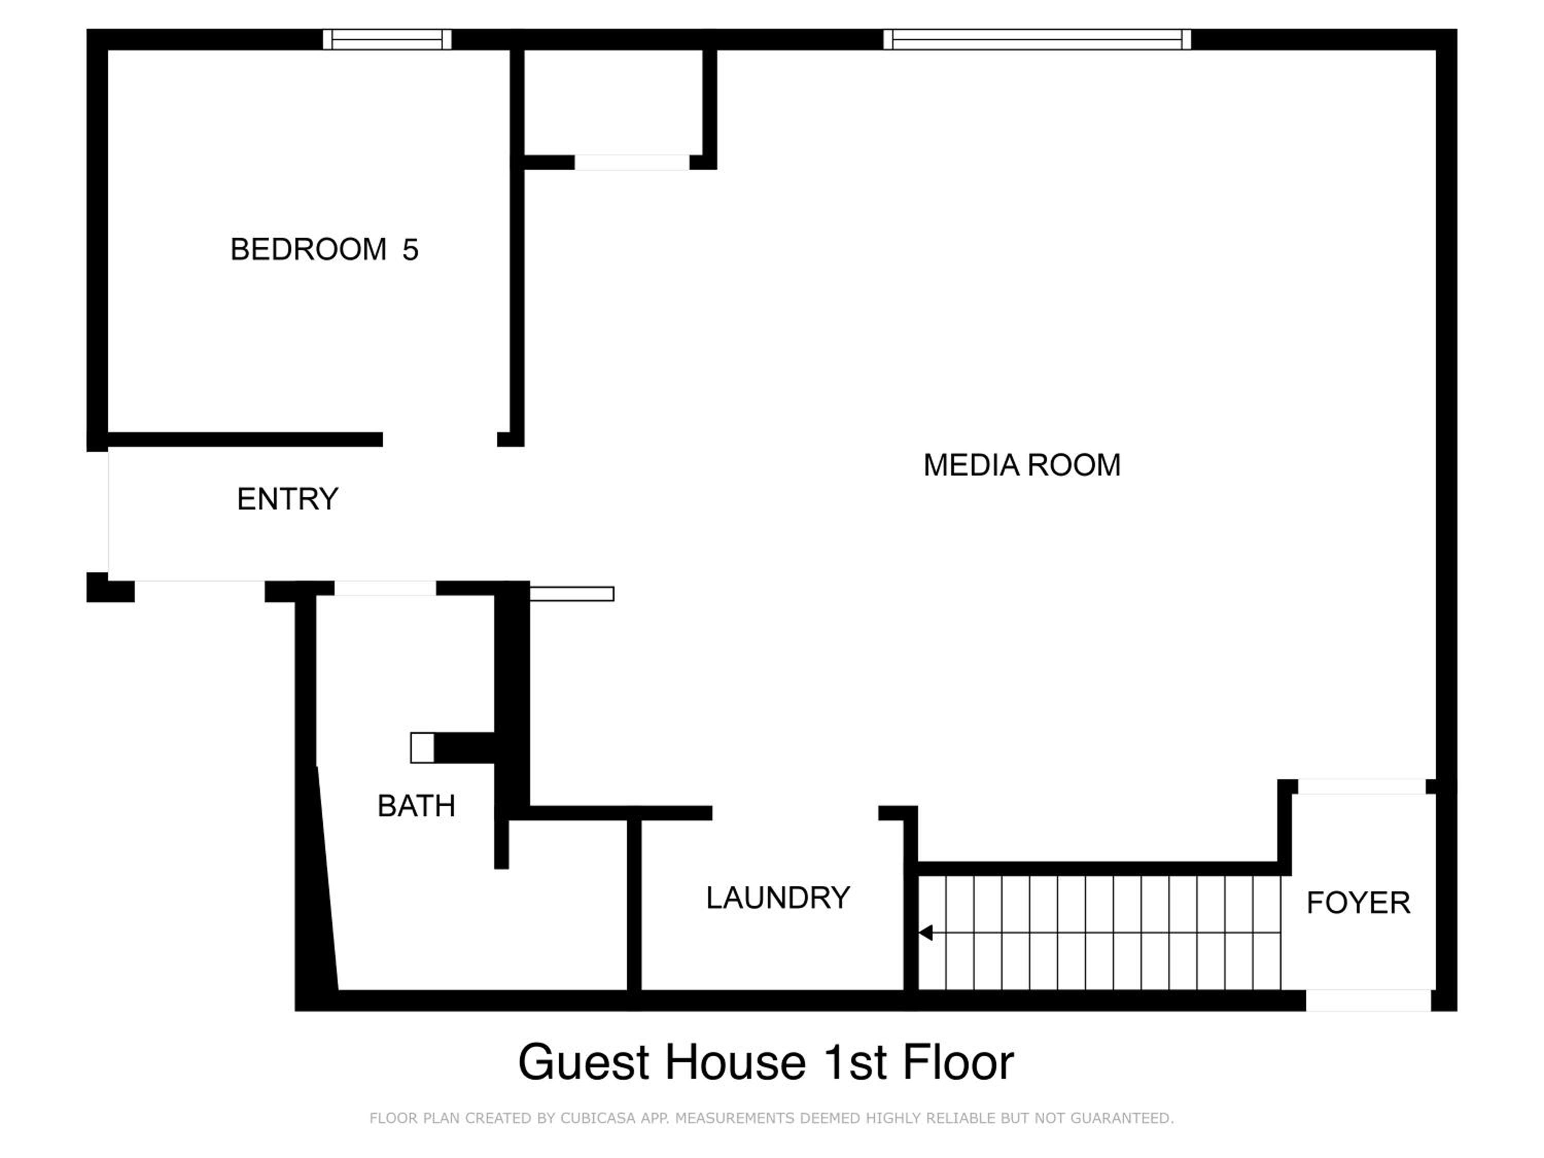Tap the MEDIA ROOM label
(x=1022, y=465)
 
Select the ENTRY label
(x=288, y=499)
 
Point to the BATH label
(x=416, y=806)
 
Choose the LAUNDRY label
(x=778, y=898)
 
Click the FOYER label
(x=1358, y=903)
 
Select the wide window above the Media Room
(x=1037, y=39)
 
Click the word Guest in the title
(x=584, y=1062)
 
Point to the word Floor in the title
(x=958, y=1062)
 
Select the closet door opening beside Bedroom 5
(x=631, y=163)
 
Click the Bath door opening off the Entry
(x=385, y=588)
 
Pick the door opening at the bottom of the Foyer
(x=1369, y=1000)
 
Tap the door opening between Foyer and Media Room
(x=1361, y=786)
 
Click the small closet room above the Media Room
(x=613, y=102)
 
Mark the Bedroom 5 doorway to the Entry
(x=440, y=439)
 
